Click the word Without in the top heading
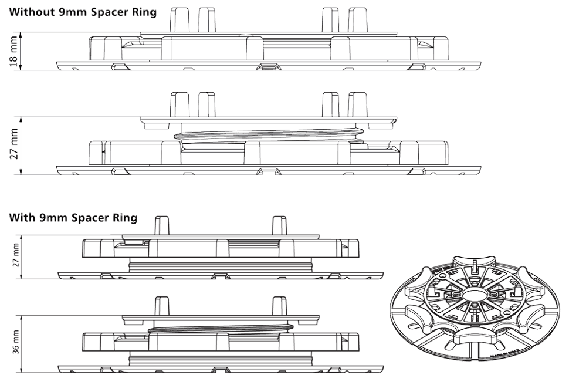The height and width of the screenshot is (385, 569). (30, 12)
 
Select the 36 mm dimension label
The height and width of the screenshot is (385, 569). (15, 343)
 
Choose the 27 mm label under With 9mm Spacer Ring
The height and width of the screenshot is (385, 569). (15, 256)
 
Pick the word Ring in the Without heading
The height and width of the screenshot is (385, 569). (145, 12)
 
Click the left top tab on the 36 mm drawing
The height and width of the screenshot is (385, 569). (162, 306)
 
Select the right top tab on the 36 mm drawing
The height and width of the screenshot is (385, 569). (280, 306)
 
